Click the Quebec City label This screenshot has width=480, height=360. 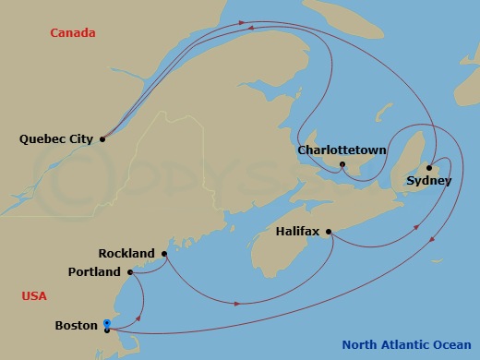(55, 139)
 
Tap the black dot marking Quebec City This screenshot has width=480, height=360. (102, 139)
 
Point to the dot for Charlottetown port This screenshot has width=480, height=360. (342, 165)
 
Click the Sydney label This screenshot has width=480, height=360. (428, 181)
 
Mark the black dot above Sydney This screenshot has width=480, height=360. (429, 167)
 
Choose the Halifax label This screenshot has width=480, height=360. (298, 233)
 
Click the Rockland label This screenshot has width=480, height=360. (127, 253)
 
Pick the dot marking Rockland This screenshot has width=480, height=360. (164, 253)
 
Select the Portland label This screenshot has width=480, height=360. (94, 272)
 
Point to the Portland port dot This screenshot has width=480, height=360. (130, 272)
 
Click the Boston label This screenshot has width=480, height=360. (77, 326)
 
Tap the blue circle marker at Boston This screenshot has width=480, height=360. (107, 323)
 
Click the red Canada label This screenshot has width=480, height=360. (73, 33)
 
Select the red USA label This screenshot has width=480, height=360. (34, 296)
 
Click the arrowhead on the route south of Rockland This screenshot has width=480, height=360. (239, 303)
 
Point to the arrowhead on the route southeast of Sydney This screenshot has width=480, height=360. (432, 241)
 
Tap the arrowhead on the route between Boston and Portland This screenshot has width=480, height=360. (138, 317)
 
